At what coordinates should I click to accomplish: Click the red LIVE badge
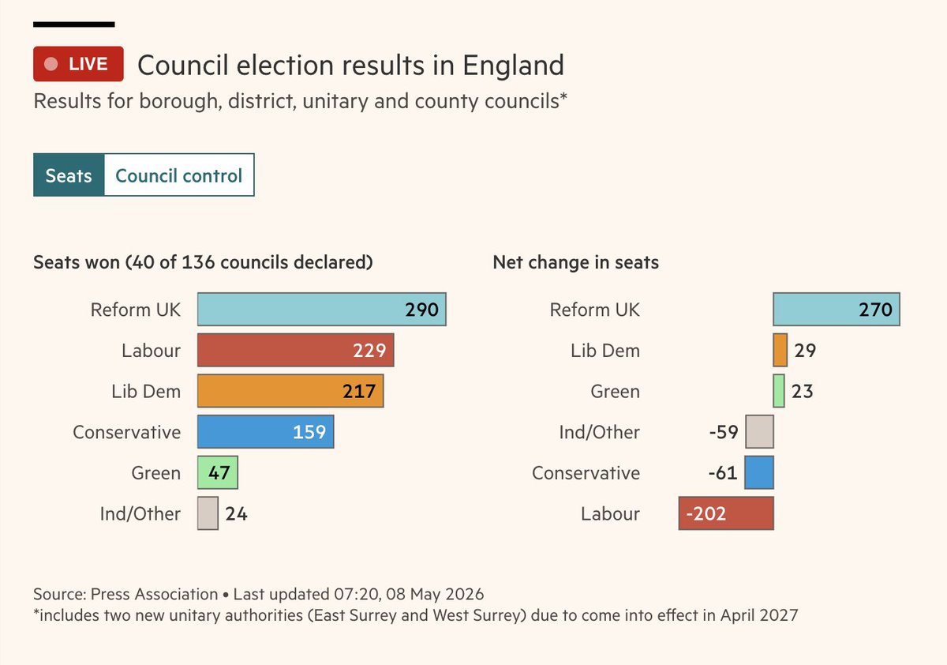click(78, 64)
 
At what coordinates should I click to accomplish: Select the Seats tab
click(69, 175)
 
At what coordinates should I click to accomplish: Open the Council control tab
click(179, 175)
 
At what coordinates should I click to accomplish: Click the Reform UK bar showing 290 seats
click(322, 310)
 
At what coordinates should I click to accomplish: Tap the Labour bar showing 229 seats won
click(295, 350)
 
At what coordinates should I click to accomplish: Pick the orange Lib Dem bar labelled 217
click(290, 391)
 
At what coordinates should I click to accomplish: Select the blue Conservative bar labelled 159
click(265, 431)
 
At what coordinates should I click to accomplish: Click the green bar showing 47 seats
click(218, 472)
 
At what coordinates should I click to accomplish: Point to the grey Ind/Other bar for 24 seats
click(208, 513)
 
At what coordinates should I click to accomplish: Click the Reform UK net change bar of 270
click(837, 310)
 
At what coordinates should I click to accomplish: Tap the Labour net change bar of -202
click(726, 513)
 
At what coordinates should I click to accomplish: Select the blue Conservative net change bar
click(759, 472)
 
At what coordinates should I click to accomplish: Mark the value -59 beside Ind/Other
click(724, 432)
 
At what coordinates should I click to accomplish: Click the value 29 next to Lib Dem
click(805, 350)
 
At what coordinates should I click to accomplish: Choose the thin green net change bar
click(779, 391)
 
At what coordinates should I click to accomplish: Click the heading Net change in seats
click(576, 262)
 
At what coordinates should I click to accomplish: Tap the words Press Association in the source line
click(155, 594)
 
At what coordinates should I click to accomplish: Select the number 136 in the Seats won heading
click(198, 262)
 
